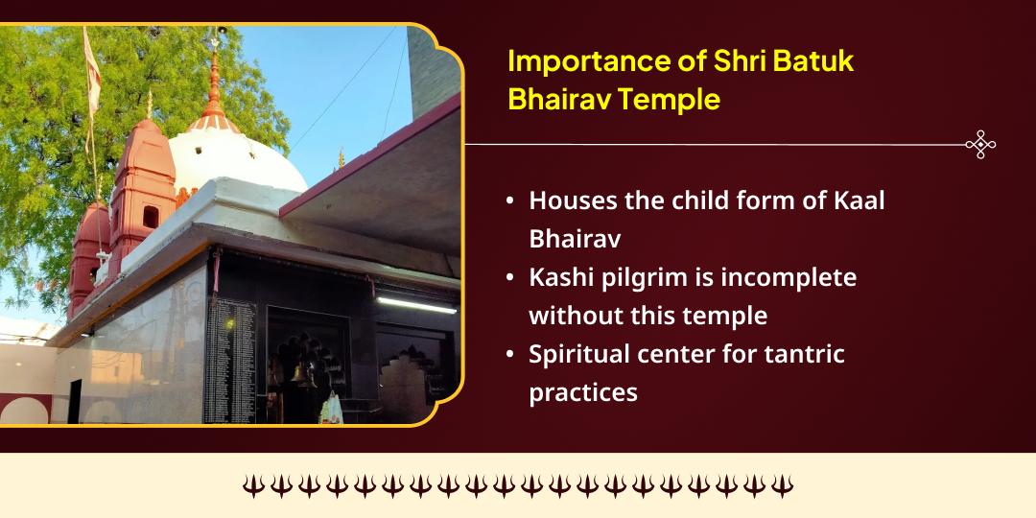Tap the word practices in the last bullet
[583, 392]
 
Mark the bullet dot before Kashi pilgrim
[510, 278]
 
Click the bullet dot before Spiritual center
[510, 355]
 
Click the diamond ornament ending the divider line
[980, 145]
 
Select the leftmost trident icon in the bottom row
[252, 486]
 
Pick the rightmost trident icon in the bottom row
[783, 486]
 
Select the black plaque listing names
[229, 360]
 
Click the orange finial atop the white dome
[214, 91]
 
